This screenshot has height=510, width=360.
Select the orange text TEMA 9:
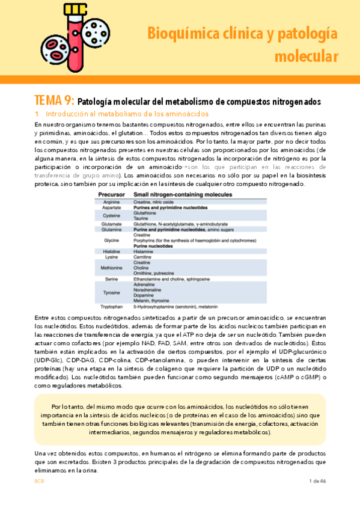point(55,100)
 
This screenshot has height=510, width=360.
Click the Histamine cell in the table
point(144,251)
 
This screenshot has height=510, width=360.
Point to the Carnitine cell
point(144,257)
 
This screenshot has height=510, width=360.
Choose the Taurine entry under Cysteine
point(143,218)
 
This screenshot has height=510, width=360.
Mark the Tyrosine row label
point(112,293)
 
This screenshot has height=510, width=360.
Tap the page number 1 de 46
point(317,481)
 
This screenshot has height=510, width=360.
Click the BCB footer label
point(39,481)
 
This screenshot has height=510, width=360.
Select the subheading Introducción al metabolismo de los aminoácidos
point(118,114)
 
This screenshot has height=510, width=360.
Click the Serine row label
point(111,279)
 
